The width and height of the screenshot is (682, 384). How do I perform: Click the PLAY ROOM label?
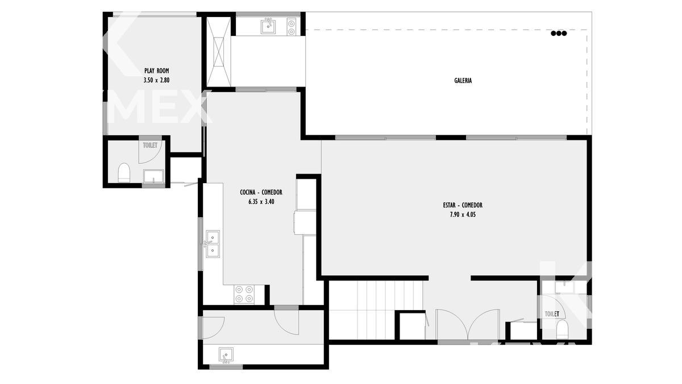pos(156,71)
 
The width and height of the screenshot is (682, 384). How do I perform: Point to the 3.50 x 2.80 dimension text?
pos(156,80)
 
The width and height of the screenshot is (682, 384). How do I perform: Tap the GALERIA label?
pos(463,80)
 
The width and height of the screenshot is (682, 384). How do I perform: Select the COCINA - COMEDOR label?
pos(261,192)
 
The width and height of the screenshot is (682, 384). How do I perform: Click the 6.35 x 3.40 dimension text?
pos(261,201)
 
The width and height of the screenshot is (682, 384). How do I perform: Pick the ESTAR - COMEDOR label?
pos(463,205)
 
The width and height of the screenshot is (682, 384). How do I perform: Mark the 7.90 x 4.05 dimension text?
pos(463,214)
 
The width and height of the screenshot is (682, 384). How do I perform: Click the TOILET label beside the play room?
pos(150,145)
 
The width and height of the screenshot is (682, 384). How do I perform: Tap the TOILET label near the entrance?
pos(552,313)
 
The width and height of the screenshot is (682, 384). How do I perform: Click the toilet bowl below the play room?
pos(124,173)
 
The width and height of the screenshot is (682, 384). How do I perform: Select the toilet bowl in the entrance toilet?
pos(562,329)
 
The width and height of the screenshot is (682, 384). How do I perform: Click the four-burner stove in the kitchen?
pos(244,295)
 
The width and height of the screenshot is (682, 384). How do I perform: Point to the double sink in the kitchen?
pos(213,244)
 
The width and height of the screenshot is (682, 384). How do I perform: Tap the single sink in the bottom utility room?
pos(226,355)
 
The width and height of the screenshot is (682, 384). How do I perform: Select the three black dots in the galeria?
pos(559,34)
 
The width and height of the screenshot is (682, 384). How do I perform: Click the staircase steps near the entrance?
pos(376,309)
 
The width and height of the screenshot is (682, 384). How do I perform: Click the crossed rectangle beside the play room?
pos(218,52)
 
